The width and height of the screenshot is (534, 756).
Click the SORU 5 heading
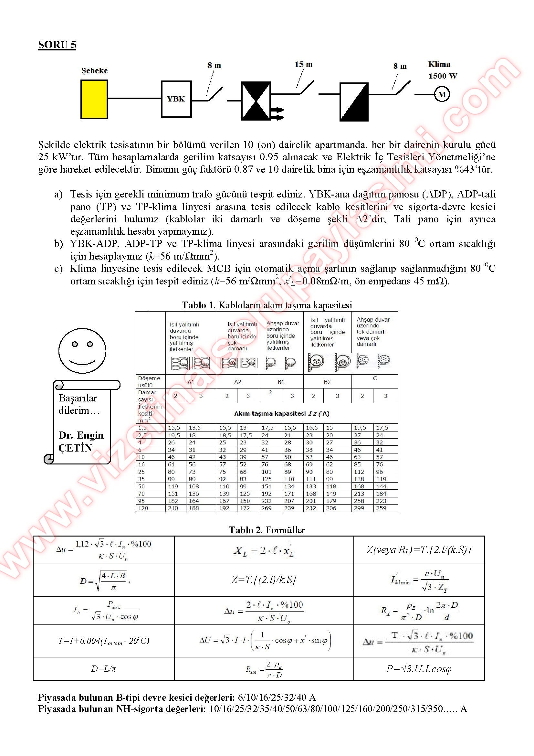click(57, 45)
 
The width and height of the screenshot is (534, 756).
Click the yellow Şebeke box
click(94, 99)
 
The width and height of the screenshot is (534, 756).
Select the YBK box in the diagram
click(176, 99)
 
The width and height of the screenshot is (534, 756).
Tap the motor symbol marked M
click(442, 94)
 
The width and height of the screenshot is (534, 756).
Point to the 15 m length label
click(303, 65)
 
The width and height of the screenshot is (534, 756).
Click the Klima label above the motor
click(439, 65)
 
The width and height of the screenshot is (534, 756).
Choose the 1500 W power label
click(443, 76)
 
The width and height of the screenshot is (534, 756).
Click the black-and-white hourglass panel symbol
click(256, 101)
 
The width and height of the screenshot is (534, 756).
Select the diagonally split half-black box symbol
click(354, 102)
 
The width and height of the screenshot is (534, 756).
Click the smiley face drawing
click(82, 350)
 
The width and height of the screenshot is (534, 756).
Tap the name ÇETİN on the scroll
click(75, 448)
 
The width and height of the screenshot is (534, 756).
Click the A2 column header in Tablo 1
click(237, 382)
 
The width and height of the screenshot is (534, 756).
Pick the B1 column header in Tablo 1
click(281, 382)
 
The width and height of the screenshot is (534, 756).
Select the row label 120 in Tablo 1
click(143, 508)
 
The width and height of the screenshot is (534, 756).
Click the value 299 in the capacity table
click(359, 508)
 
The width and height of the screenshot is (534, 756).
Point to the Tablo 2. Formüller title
click(267, 530)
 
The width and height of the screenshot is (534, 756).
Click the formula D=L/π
click(103, 669)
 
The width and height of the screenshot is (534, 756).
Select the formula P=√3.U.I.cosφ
click(419, 669)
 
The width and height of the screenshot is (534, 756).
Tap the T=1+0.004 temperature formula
click(103, 641)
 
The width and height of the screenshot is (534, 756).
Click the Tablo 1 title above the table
click(267, 305)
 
